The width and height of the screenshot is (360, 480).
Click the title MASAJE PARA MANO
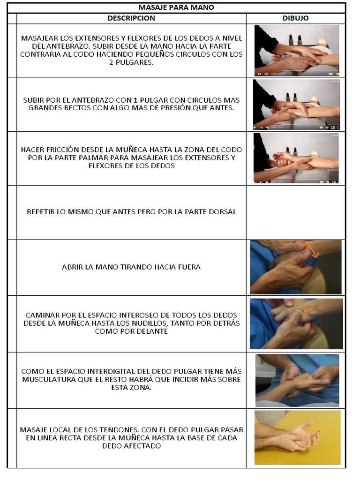pyautogui.click(x=176, y=7)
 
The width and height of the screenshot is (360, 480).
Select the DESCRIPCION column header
pyautogui.click(x=131, y=18)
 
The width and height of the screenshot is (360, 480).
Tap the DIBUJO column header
pyautogui.click(x=295, y=18)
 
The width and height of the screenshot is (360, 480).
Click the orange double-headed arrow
pyautogui.click(x=312, y=249)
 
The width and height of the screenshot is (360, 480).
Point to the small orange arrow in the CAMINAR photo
pyautogui.click(x=309, y=310)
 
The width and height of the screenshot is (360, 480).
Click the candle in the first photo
pyautogui.click(x=322, y=43)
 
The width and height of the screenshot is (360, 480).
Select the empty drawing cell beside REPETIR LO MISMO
pyautogui.click(x=296, y=212)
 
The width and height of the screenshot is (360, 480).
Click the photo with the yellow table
pyautogui.click(x=297, y=438)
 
